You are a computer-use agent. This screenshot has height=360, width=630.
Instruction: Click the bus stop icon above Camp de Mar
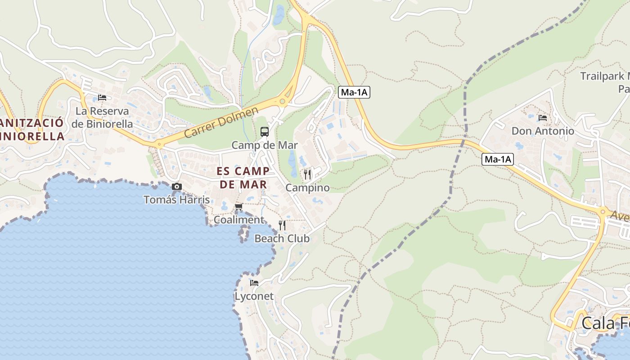(x=265, y=132)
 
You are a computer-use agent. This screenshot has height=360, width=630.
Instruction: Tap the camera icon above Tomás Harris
(x=177, y=186)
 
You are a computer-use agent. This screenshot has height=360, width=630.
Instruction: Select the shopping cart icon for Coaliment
(x=238, y=207)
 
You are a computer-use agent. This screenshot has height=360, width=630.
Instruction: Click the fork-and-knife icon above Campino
(x=307, y=174)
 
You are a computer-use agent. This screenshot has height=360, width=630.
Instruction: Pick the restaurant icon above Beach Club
(x=282, y=225)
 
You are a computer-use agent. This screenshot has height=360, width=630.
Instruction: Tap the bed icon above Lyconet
(x=254, y=283)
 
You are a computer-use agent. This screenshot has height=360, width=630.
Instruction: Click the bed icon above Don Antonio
(x=543, y=118)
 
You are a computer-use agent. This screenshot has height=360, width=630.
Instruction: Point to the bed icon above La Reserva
(x=102, y=98)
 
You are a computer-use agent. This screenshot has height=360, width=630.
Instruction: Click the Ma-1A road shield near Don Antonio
(x=498, y=159)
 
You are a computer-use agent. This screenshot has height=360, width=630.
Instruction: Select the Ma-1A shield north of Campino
(x=354, y=92)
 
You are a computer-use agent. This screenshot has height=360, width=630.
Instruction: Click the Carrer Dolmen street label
(x=221, y=122)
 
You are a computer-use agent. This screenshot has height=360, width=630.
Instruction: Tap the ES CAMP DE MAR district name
(x=243, y=178)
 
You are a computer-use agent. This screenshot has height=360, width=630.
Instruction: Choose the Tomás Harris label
(x=176, y=199)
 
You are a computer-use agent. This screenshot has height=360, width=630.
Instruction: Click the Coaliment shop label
(x=238, y=220)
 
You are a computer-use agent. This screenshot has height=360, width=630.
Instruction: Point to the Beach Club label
(x=282, y=238)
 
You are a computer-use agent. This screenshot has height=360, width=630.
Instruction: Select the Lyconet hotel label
(x=254, y=296)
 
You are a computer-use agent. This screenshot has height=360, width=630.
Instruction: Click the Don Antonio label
(x=543, y=131)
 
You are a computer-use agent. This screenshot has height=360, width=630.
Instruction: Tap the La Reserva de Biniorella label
(x=102, y=117)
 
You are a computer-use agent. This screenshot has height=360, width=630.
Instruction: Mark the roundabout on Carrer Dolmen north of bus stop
(x=283, y=101)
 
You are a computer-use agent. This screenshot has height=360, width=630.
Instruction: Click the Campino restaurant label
(x=307, y=188)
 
